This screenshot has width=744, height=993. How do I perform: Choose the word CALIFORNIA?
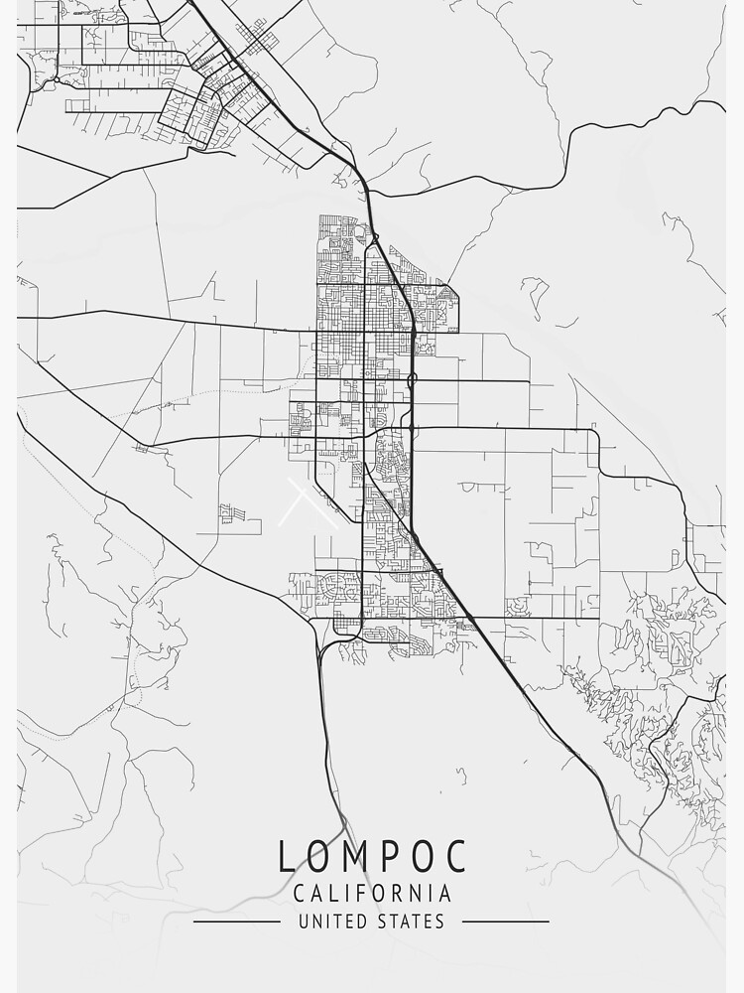(x=372, y=894)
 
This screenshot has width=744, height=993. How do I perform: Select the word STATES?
(x=411, y=922)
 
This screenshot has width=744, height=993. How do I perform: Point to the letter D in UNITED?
(x=363, y=922)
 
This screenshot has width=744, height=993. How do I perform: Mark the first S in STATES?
(x=382, y=922)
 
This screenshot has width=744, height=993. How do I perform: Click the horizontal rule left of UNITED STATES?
(x=236, y=922)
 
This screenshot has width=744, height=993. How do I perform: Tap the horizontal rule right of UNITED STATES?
(x=506, y=922)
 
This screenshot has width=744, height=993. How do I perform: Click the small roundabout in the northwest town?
(x=57, y=78)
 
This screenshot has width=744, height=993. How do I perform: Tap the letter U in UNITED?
(x=304, y=922)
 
